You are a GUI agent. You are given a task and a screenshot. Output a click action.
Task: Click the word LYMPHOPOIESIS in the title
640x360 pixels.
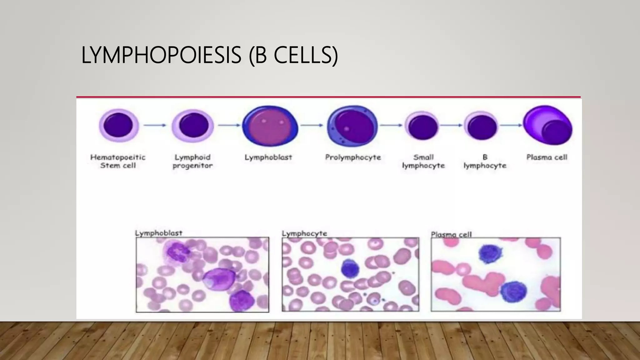[161, 55]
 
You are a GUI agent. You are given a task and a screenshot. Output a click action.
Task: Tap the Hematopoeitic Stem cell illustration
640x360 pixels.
[118, 125]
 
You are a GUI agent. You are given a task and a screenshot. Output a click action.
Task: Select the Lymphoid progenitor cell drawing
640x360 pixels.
[193, 126]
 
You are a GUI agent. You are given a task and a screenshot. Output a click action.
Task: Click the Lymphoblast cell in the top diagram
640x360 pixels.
[270, 126]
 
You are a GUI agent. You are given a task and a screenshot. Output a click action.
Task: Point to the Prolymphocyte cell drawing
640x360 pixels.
[352, 126]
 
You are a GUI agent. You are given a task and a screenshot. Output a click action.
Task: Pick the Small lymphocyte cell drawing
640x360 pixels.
[422, 126]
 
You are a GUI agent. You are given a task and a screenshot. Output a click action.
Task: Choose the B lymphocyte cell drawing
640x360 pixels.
[481, 126]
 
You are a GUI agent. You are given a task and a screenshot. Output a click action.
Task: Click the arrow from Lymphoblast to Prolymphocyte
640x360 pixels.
[312, 125]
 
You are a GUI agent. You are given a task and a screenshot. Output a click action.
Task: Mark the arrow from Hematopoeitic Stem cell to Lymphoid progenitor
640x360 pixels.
[155, 125]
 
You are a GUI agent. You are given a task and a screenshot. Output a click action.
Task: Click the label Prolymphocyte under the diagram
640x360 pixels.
[353, 157]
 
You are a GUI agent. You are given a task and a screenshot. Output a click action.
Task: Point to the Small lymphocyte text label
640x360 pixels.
[423, 161]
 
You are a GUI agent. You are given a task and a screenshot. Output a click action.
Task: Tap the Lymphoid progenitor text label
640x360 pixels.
[192, 161]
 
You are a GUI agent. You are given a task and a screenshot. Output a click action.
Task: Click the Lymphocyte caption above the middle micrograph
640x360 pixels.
[304, 233]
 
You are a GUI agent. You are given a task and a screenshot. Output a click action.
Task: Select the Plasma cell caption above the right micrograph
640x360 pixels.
[451, 234]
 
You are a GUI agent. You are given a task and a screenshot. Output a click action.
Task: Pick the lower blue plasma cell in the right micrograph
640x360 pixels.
[513, 292]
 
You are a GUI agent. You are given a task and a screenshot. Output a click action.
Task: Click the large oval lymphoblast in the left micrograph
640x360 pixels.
[219, 279]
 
